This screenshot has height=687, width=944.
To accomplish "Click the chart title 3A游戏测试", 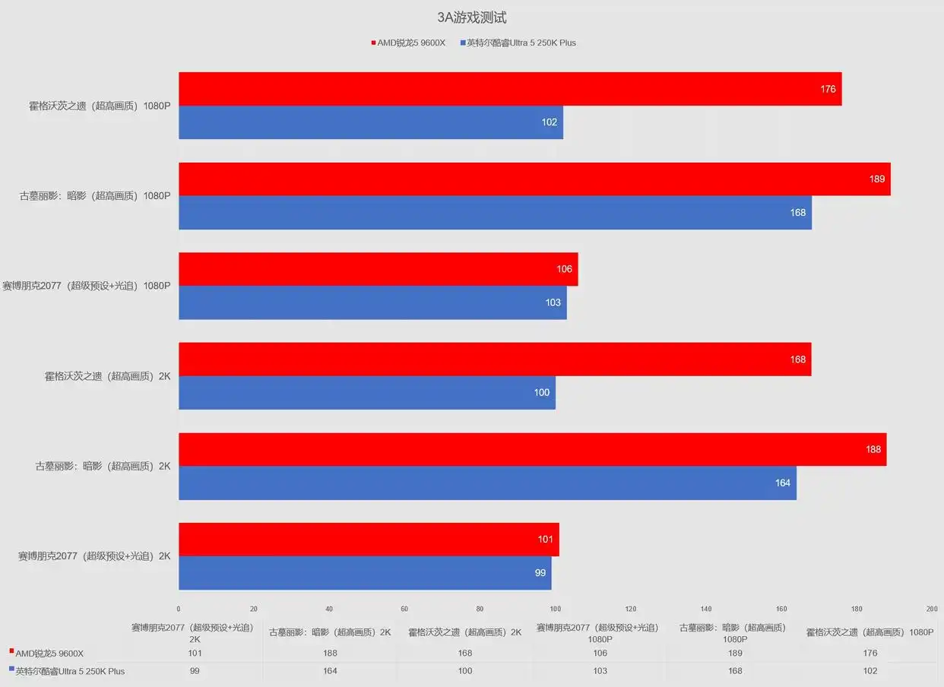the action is tap(471, 17).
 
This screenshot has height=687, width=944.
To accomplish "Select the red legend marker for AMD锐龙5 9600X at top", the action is tap(373, 43).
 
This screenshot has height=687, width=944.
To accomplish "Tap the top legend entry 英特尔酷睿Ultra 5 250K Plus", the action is tap(518, 43).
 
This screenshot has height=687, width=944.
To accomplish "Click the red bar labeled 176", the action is tap(510, 89).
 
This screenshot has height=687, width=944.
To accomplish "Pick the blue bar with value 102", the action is tap(371, 122).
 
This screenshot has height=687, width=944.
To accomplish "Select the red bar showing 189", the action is tap(534, 179).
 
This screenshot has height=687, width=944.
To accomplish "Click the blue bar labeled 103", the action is tap(372, 302).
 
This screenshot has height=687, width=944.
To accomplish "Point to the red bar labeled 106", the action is tap(379, 269).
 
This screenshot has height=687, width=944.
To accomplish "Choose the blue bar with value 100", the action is tap(367, 393).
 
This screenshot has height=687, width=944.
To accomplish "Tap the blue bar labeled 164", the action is tap(488, 483).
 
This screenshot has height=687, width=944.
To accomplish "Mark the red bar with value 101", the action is tap(369, 540).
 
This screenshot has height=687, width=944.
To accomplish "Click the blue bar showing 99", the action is tap(365, 573).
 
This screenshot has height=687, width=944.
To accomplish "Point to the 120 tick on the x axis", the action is tap(630, 609).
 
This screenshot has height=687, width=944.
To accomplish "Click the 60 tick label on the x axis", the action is tap(404, 609).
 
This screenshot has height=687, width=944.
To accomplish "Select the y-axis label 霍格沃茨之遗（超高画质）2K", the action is tap(107, 376).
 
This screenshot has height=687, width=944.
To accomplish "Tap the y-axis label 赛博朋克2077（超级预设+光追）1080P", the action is tap(87, 286).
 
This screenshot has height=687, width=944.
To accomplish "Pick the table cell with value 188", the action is tap(330, 653).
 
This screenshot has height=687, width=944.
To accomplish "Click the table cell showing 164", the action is tap(330, 670).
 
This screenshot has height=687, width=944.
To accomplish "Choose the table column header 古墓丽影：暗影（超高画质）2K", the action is tap(330, 632).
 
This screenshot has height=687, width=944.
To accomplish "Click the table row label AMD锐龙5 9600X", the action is tap(49, 654).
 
